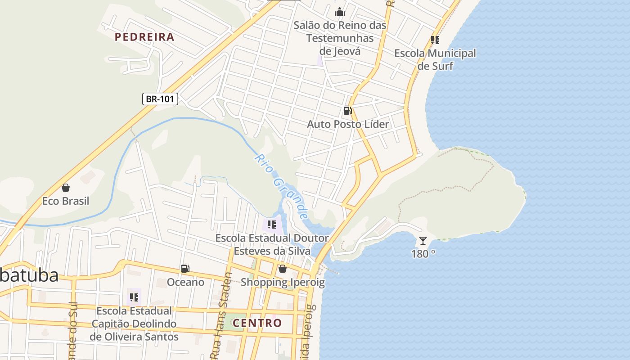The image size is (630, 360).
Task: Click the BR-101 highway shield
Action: click(160, 99)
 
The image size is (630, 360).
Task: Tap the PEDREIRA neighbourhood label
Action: click(144, 37)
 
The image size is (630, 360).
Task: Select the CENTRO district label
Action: click(257, 323)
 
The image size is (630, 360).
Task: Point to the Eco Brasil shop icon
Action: click(66, 188)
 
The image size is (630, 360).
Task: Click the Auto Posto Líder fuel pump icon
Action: click(347, 111)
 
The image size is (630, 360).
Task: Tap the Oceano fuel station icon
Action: click(185, 269)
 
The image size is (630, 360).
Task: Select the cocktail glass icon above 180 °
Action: click(423, 241)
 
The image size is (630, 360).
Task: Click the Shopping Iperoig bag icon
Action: click(283, 269)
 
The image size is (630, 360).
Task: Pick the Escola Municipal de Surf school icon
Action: click(435, 40)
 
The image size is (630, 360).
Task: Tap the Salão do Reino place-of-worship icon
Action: click(340, 12)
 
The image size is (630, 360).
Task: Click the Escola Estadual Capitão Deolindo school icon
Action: click(134, 297)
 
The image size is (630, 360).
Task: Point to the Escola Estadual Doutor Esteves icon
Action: click(271, 224)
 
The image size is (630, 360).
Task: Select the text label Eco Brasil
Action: click(66, 201)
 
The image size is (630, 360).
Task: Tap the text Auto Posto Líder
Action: click(348, 124)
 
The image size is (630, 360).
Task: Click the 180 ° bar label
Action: click(423, 253)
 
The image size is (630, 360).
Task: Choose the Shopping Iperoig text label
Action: click(283, 282)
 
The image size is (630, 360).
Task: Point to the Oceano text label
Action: click(185, 282)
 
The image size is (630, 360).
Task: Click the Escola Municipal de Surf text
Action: click(435, 59)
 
